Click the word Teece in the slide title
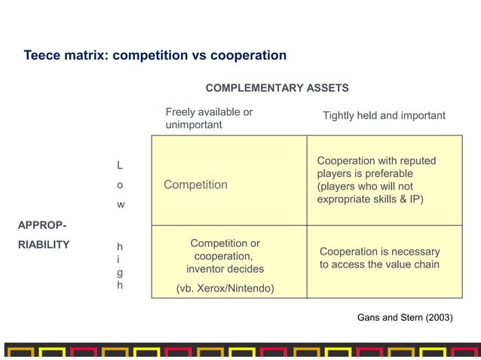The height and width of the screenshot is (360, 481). click(42, 56)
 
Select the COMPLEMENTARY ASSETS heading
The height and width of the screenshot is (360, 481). click(277, 88)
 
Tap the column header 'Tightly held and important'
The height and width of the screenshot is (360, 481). click(384, 116)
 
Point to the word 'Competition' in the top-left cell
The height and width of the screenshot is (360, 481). click(195, 185)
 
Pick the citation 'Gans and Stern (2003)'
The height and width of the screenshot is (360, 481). click(405, 318)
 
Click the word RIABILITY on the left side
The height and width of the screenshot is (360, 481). click(44, 244)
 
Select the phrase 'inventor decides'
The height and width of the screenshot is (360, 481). click(225, 269)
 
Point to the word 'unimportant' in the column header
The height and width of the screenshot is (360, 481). click(194, 125)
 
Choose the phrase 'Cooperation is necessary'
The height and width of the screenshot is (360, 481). click(379, 252)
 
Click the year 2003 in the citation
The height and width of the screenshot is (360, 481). click(438, 318)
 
